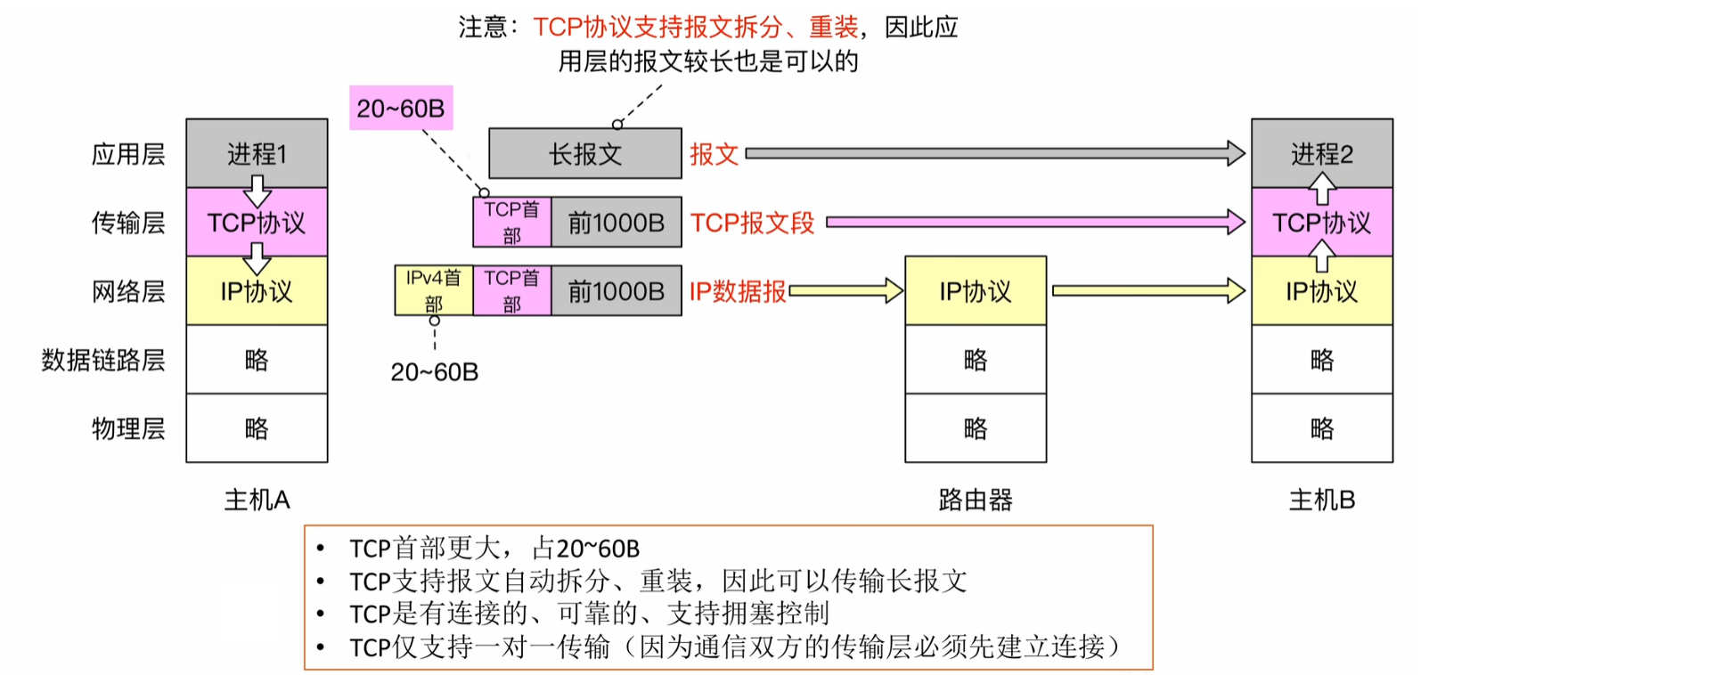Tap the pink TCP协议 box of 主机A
click(257, 223)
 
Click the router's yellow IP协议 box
click(976, 291)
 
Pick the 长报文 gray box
click(585, 154)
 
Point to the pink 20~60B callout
click(401, 109)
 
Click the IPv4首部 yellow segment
click(434, 290)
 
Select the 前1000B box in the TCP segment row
click(617, 223)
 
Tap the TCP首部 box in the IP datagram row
click(512, 290)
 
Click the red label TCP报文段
click(753, 223)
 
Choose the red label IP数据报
click(738, 291)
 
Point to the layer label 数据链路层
click(103, 360)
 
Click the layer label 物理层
click(128, 429)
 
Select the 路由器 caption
click(976, 500)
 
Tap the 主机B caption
click(1322, 500)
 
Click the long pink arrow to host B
click(1033, 222)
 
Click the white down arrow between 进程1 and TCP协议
click(257, 190)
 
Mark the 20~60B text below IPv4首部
click(435, 372)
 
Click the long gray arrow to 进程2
click(993, 153)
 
